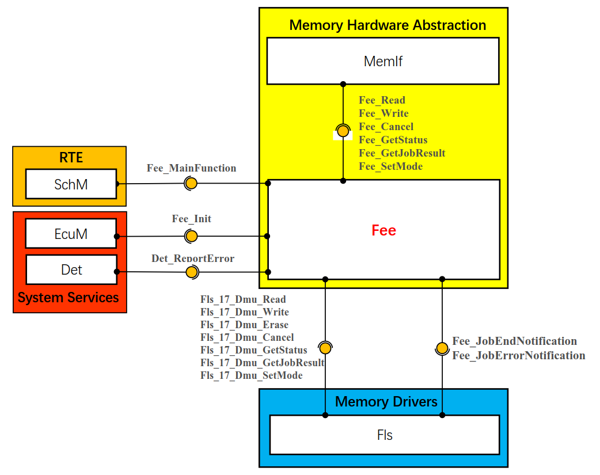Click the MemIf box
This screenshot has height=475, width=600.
click(383, 61)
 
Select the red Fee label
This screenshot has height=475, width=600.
click(383, 230)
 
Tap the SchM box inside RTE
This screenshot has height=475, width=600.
click(71, 184)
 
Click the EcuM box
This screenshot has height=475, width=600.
click(71, 234)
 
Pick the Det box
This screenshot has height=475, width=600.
click(71, 269)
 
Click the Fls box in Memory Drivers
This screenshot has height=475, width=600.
click(385, 435)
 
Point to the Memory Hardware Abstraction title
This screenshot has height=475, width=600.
click(388, 25)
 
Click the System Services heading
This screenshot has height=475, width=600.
click(69, 298)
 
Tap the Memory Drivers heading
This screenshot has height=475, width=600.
click(386, 401)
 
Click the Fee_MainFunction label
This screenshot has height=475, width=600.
click(192, 168)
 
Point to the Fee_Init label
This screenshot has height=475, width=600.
click(192, 219)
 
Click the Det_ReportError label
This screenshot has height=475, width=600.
click(193, 258)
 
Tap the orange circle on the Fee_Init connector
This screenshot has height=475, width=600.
click(191, 236)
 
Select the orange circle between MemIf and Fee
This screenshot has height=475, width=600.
click(343, 131)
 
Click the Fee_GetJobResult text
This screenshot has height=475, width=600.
click(402, 153)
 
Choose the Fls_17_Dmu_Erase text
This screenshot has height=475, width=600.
click(244, 325)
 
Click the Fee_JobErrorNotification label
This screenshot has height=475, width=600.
click(519, 356)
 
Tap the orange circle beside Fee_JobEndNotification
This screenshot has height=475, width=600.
click(442, 348)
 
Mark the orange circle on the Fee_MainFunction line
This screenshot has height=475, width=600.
click(191, 184)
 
